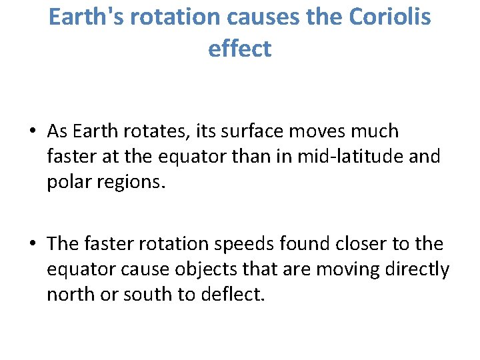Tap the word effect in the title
240,48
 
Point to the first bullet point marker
32,131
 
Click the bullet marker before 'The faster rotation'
32,244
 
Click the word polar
68,182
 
